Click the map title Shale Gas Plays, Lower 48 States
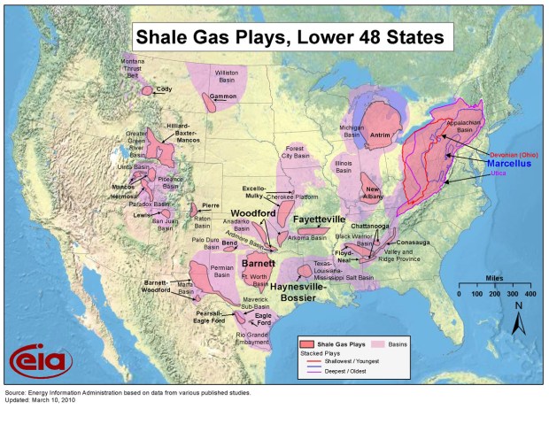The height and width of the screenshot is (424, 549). tap(292, 37)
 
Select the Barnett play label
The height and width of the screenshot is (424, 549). tap(259, 263)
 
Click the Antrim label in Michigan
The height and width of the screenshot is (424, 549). tap(380, 136)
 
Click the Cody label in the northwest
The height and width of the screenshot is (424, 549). tap(165, 89)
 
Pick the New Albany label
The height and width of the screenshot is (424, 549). tap(374, 195)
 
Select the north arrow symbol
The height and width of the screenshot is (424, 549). tap(518, 320)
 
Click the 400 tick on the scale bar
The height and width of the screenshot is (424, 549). tap(530, 293)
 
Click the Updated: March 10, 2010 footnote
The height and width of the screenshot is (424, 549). tap(42, 397)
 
